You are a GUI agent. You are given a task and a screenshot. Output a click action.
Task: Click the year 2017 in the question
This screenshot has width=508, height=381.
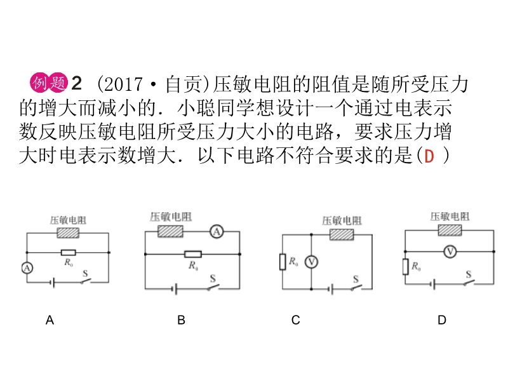pyautogui.click(x=119, y=83)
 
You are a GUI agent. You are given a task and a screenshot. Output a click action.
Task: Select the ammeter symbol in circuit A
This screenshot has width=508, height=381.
pyautogui.click(x=27, y=268)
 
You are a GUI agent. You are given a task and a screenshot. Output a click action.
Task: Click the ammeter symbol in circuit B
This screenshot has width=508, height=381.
pyautogui.click(x=217, y=232)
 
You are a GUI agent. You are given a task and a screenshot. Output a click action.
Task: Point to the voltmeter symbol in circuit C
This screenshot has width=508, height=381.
pyautogui.click(x=311, y=262)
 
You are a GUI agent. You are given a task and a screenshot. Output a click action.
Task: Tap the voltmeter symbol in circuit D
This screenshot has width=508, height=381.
pyautogui.click(x=450, y=251)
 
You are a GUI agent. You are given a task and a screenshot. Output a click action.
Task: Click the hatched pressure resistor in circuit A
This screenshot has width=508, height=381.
pyautogui.click(x=68, y=233)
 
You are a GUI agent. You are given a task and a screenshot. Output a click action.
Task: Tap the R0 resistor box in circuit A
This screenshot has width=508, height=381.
pyautogui.click(x=68, y=252)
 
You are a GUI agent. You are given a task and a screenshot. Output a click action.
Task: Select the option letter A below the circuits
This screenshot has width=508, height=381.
pyautogui.click(x=50, y=321)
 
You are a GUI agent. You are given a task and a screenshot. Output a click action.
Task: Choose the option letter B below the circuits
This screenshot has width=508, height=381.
pyautogui.click(x=181, y=321)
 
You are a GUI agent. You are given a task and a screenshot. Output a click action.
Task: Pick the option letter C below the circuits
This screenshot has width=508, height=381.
pyautogui.click(x=295, y=321)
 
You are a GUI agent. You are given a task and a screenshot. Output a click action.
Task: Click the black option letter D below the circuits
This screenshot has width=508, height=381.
pyautogui.click(x=442, y=321)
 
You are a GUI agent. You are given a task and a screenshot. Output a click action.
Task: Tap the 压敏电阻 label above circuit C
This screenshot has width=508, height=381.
pyautogui.click(x=342, y=220)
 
